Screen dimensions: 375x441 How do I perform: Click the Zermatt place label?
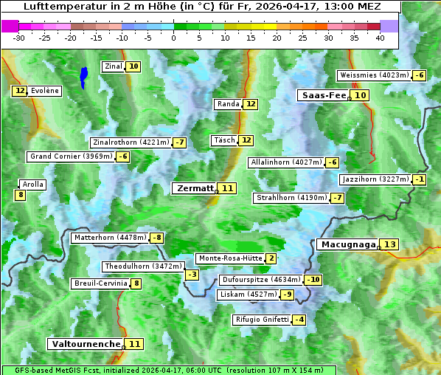(195, 188)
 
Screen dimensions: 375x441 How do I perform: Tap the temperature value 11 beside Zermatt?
(228, 188)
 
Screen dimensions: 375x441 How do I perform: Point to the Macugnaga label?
(347, 244)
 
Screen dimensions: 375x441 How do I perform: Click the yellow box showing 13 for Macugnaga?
(389, 244)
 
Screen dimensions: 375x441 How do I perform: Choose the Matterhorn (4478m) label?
(109, 238)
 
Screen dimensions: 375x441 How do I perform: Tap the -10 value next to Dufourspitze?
(314, 280)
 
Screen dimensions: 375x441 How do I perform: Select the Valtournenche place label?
(86, 344)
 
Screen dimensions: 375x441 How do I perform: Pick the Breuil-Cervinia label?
(100, 283)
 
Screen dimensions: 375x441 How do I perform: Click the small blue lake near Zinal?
(84, 75)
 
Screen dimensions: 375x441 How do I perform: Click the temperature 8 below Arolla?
(20, 195)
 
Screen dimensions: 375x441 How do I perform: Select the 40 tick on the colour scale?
(380, 37)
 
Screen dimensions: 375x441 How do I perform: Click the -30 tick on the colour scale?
(19, 37)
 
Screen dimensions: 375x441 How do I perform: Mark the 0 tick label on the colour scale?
(174, 37)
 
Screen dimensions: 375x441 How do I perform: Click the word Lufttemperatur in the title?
(63, 7)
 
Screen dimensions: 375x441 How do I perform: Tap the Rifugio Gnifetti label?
(262, 320)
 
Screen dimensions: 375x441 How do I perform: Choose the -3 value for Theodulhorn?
(192, 275)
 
